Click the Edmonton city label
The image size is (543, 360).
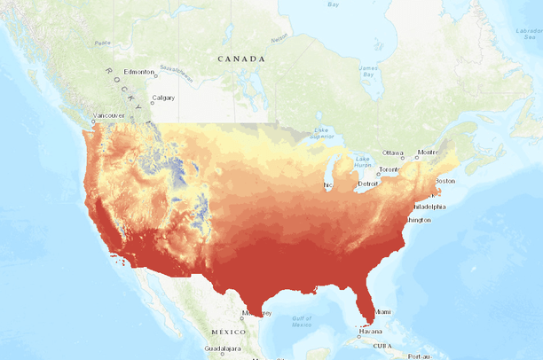click(x=140, y=72)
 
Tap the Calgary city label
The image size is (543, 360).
click(x=163, y=98)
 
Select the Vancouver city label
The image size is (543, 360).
click(x=110, y=115)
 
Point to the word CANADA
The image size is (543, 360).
click(x=241, y=59)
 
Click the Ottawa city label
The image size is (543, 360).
click(x=393, y=153)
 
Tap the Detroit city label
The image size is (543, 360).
click(x=368, y=184)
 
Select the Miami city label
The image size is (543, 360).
click(x=382, y=312)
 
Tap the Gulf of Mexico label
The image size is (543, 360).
click(x=303, y=320)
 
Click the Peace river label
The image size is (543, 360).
click(x=103, y=42)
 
